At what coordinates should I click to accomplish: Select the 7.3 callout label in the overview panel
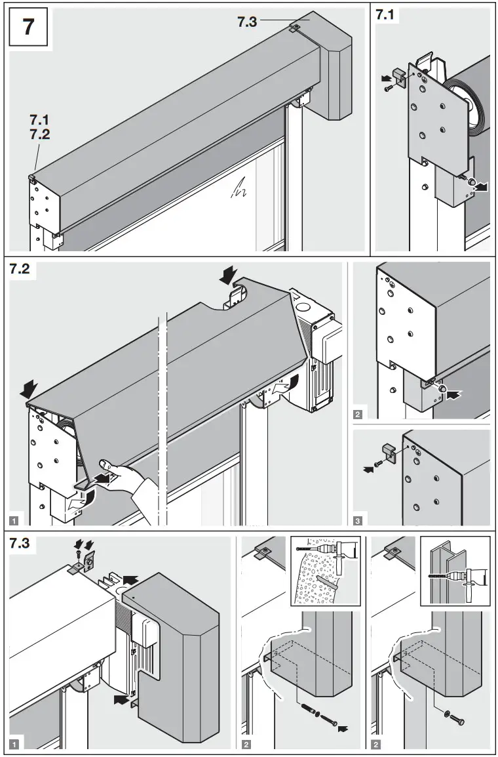pyautogui.click(x=248, y=22)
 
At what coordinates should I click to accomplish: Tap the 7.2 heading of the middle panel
pyautogui.click(x=22, y=271)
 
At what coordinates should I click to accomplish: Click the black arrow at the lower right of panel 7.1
pyautogui.click(x=482, y=188)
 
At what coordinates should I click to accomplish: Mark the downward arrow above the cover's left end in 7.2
pyautogui.click(x=29, y=391)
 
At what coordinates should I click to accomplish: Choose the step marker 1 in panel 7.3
pyautogui.click(x=14, y=744)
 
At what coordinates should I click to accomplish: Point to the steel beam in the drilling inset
pyautogui.click(x=438, y=571)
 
